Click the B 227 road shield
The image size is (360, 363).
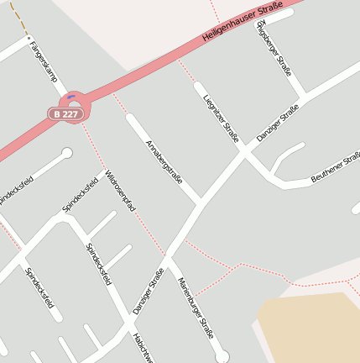65,113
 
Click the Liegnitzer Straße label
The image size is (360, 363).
221,118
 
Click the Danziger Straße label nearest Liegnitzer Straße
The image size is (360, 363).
277,123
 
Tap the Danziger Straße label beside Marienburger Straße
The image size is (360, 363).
148,290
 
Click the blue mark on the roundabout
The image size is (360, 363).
72,96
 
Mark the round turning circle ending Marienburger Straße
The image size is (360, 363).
222,357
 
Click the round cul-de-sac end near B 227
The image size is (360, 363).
67,153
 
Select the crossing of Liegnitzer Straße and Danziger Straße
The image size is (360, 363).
245,153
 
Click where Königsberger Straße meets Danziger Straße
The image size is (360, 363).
301,94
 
